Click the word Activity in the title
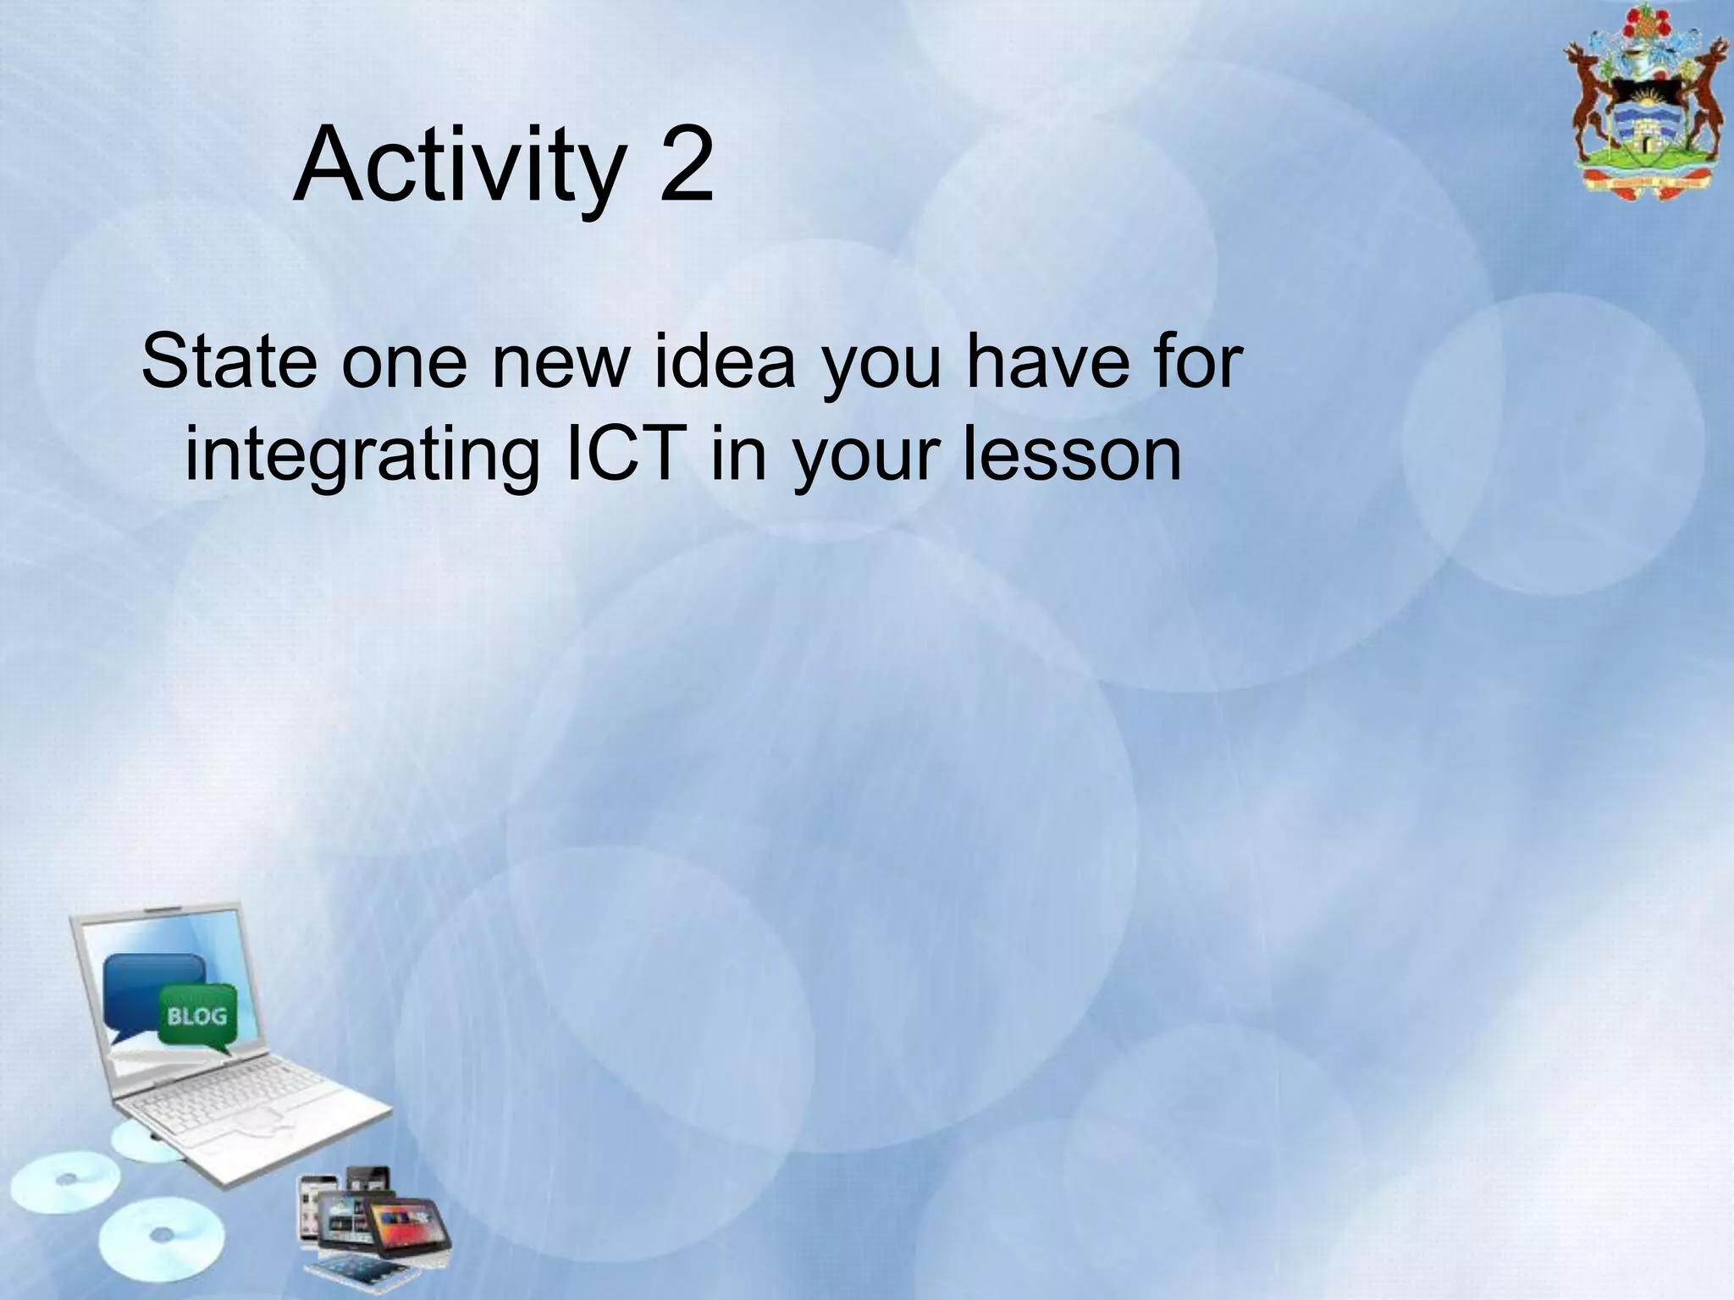458,167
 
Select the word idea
724,362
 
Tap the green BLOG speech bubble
198,1016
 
